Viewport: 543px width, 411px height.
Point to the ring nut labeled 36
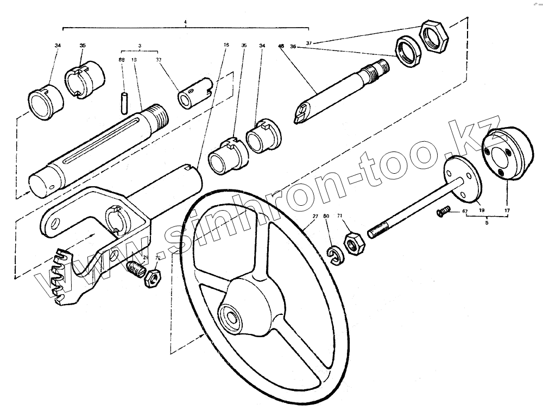(x=407, y=52)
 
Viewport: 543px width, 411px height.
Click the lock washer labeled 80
(x=334, y=255)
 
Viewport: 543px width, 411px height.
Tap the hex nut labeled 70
(x=151, y=278)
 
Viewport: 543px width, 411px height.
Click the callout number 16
(x=226, y=46)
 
